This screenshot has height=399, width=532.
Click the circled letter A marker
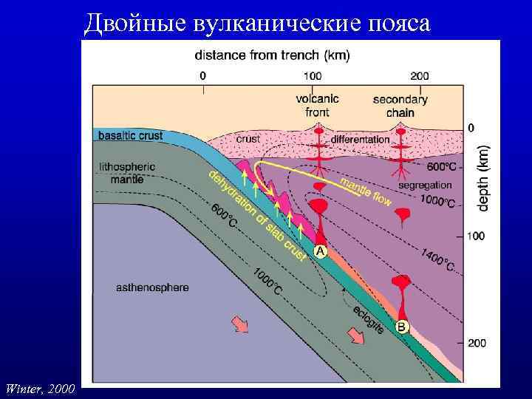320,251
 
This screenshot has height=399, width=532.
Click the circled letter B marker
402,326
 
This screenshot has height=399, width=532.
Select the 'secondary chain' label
400,106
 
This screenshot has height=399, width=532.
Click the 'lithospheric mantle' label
127,172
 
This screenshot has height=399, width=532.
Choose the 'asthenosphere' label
152,286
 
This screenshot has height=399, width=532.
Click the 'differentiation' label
360,138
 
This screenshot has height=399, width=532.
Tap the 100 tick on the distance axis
312,75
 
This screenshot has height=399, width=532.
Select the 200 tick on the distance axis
419,75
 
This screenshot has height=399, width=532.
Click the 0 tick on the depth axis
471,128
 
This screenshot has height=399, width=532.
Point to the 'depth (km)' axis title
483,177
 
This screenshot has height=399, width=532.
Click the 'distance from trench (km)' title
272,55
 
